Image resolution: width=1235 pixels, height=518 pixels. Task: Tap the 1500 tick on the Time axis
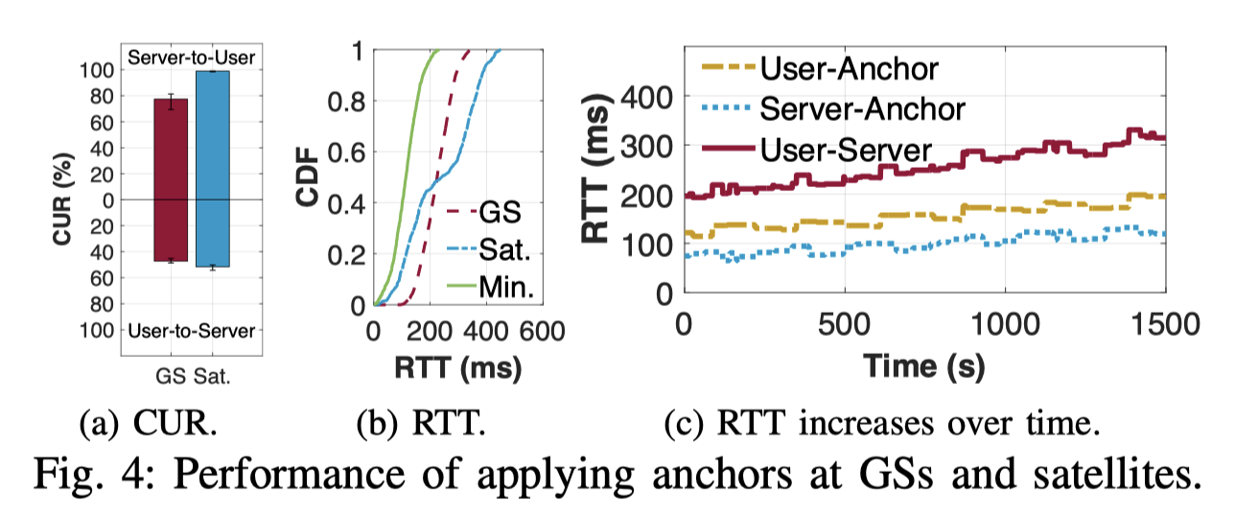pos(1163,325)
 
